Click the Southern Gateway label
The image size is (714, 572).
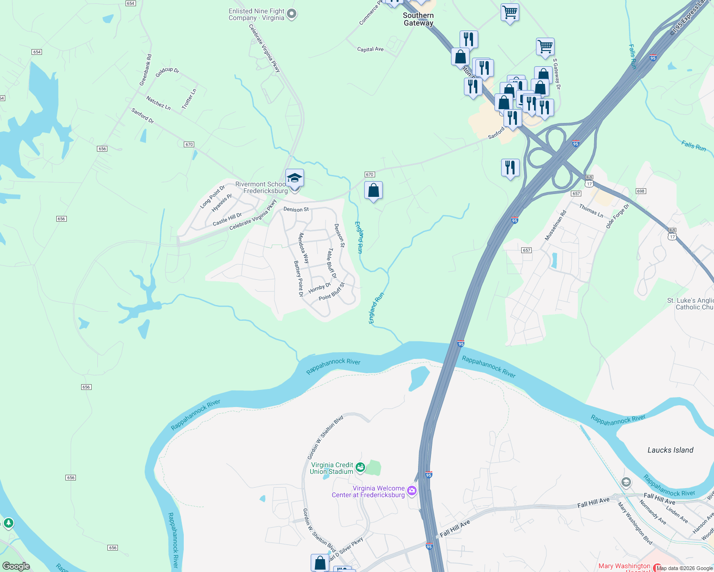[x=418, y=19]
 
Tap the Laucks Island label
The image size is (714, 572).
[x=670, y=450]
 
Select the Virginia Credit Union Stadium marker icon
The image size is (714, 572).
[x=360, y=468]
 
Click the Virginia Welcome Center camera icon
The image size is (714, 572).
[x=412, y=491]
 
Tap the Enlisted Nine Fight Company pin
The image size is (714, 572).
[x=292, y=14]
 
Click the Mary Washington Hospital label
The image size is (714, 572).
[x=624, y=567]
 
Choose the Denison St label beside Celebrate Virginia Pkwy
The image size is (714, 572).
[x=296, y=209]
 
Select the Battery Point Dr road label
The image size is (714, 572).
[x=299, y=279]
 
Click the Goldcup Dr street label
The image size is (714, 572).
[x=167, y=71]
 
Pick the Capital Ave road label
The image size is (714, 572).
[x=370, y=49]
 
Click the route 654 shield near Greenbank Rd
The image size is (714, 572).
[x=37, y=52]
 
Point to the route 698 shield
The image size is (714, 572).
[x=640, y=191]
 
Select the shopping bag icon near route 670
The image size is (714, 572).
[x=373, y=190]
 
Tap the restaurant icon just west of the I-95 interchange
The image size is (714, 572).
[x=510, y=168]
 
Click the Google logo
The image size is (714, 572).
[x=16, y=566]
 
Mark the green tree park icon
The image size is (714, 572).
[x=8, y=523]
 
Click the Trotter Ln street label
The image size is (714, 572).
[x=189, y=99]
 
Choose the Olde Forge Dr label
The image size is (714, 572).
[x=618, y=216]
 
